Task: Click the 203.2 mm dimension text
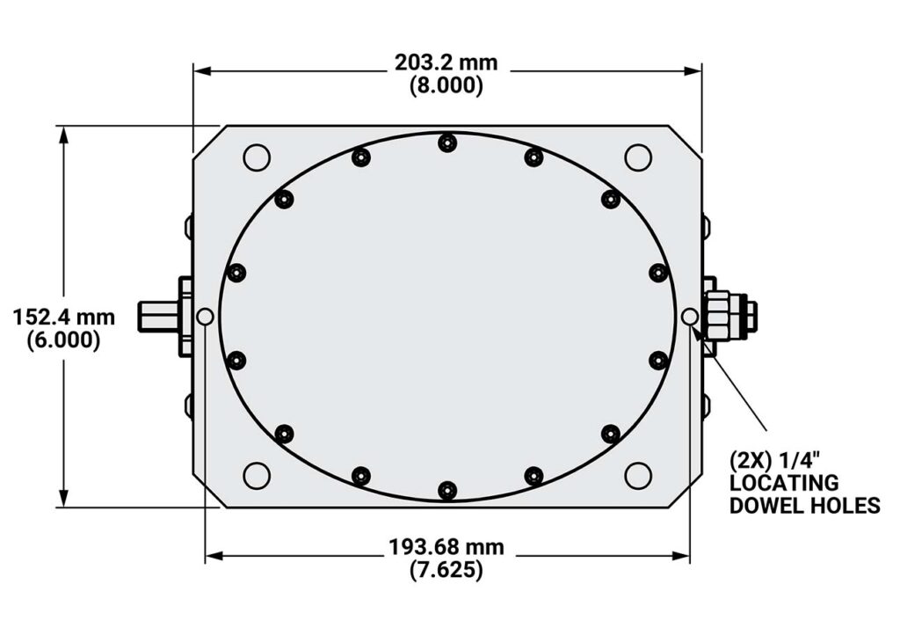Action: tap(446, 62)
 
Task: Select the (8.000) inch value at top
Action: tap(446, 85)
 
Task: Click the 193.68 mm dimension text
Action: tap(446, 547)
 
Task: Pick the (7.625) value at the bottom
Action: tap(446, 570)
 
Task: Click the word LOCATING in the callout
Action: tap(784, 483)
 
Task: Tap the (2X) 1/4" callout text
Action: tap(773, 460)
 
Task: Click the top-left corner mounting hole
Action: tap(257, 157)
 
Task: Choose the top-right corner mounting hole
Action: tap(637, 157)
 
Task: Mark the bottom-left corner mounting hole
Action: tap(257, 475)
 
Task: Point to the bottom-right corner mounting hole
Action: tap(637, 475)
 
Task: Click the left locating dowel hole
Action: tap(206, 317)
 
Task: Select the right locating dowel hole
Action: tap(690, 317)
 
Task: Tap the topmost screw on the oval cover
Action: tap(447, 142)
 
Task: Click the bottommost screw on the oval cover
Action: tap(447, 490)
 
